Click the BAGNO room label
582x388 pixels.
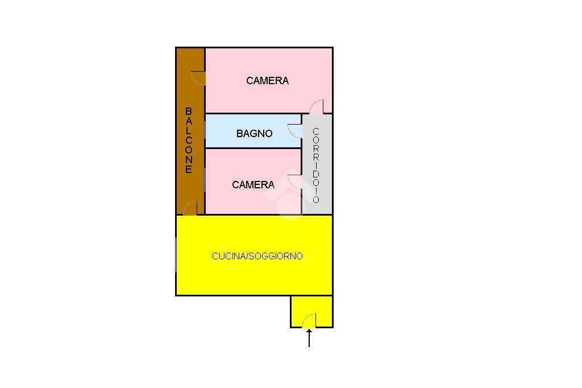(x=254, y=134)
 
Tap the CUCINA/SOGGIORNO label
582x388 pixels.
(x=257, y=256)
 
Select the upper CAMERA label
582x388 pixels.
(x=267, y=81)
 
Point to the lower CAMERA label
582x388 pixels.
(x=253, y=185)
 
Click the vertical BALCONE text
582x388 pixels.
(x=189, y=140)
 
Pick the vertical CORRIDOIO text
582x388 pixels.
(x=317, y=165)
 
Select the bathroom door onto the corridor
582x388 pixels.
(x=295, y=131)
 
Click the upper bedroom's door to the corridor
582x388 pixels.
(x=317, y=106)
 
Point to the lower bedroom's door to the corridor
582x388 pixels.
(x=295, y=181)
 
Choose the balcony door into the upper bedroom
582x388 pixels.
(x=198, y=78)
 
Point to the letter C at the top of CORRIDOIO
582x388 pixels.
(x=317, y=131)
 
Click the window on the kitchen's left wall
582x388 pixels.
(x=176, y=255)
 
